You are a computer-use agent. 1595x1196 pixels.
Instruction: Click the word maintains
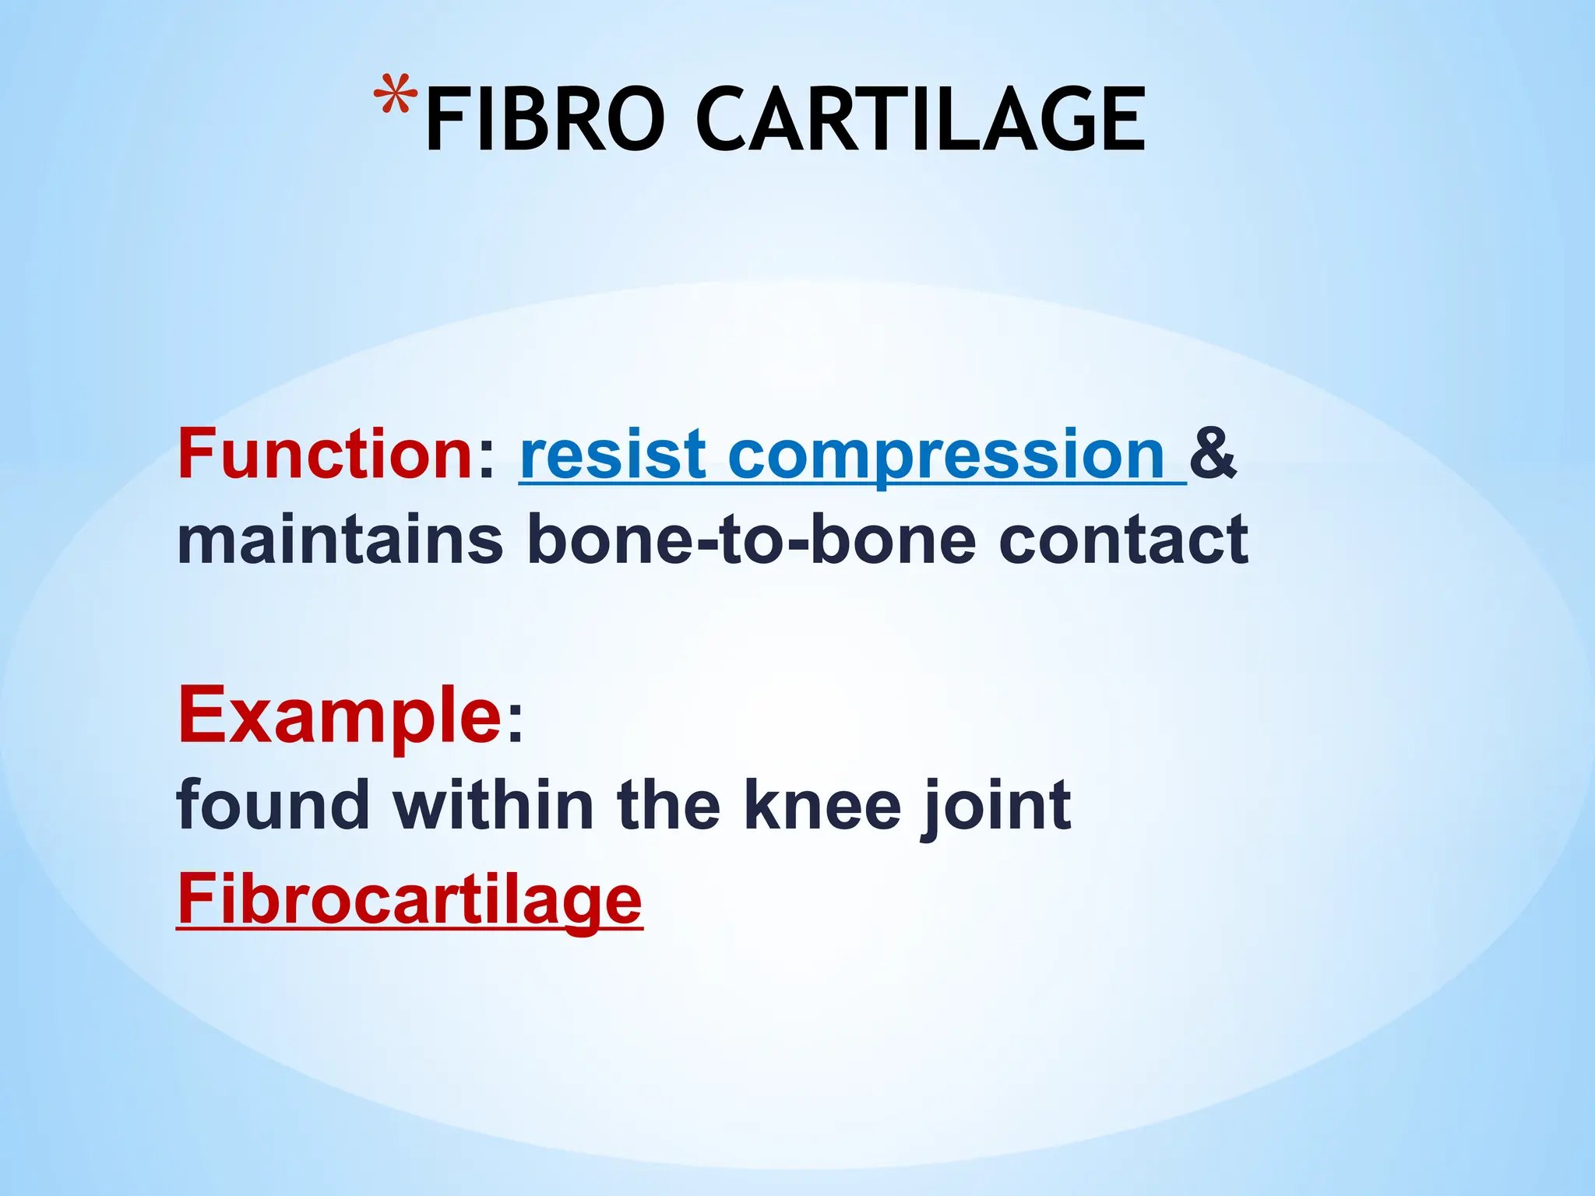pyautogui.click(x=340, y=540)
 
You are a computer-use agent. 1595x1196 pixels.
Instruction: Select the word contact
pyautogui.click(x=1123, y=540)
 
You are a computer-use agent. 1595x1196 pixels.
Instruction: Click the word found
pyautogui.click(x=273, y=806)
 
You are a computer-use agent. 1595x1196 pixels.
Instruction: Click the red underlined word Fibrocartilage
pyautogui.click(x=410, y=899)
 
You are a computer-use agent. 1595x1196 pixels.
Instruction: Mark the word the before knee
pyautogui.click(x=669, y=806)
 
